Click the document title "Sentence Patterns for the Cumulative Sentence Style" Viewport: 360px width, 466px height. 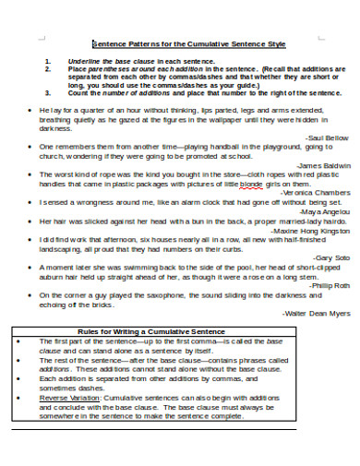pyautogui.click(x=188, y=43)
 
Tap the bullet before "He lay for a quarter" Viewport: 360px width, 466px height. pyautogui.click(x=31, y=109)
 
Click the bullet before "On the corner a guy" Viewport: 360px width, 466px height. pyautogui.click(x=31, y=295)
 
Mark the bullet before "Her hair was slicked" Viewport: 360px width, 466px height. pyautogui.click(x=31, y=221)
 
